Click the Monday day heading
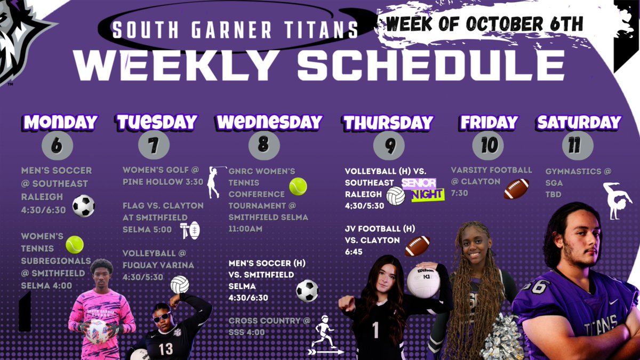60,122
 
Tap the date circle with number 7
154,145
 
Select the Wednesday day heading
269,122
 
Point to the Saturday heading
579,122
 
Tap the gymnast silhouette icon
617,201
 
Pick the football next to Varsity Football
516,189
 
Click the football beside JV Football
417,246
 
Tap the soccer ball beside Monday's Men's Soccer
84,206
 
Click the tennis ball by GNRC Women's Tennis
298,186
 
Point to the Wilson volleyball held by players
423,281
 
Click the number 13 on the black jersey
166,349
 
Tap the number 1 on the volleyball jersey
375,330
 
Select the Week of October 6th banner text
484,23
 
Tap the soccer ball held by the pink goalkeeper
98,331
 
